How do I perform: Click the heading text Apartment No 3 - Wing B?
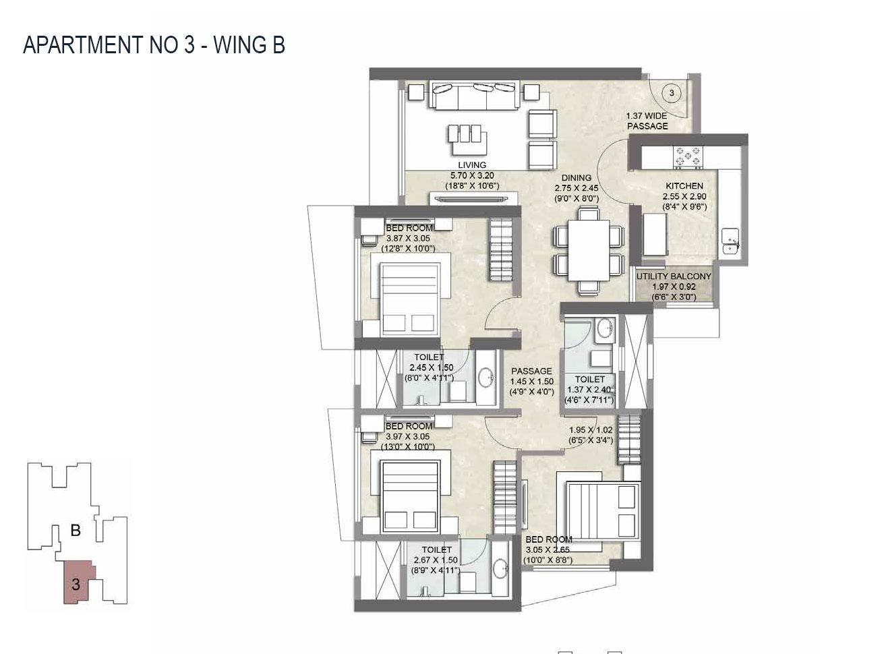[154, 45]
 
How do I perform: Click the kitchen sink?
[730, 241]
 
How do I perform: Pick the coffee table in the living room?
[465, 134]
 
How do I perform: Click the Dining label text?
[576, 179]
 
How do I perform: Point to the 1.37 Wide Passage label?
[647, 121]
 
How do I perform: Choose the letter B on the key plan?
[76, 531]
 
